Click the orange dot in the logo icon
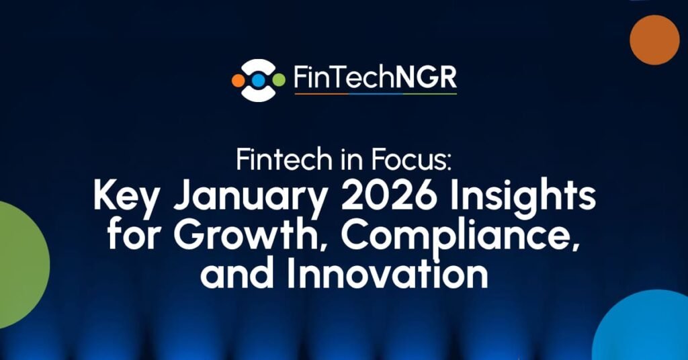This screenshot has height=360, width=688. coord(239,80)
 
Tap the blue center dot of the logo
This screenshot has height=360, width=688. coord(259,80)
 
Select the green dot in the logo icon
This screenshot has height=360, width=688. coord(279,80)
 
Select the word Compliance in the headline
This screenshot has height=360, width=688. coord(461,237)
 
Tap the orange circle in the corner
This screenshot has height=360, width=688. coord(654,40)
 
